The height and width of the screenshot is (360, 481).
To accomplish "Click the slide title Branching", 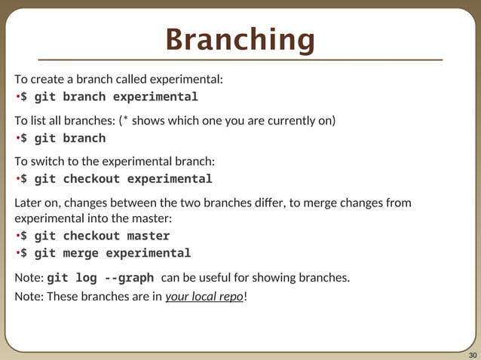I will [x=240, y=40].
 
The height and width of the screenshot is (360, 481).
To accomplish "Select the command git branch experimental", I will [x=109, y=97].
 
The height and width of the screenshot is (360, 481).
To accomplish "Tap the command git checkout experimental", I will [x=116, y=179].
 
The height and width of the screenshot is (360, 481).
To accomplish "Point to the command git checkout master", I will [x=95, y=236].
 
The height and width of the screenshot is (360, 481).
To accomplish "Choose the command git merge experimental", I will [x=106, y=253].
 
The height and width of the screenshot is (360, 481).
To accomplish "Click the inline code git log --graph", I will [x=100, y=277].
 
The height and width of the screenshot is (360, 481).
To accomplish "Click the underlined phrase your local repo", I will [x=204, y=296].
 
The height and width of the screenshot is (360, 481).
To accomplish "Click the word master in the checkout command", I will [x=149, y=236].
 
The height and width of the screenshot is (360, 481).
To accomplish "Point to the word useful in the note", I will [x=221, y=277].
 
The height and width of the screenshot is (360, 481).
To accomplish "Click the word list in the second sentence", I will [x=38, y=121].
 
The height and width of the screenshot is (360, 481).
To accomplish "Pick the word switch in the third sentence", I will [x=46, y=161].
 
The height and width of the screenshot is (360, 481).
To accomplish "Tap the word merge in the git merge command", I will [x=81, y=253].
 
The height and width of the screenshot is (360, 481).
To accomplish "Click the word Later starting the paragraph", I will [x=29, y=203].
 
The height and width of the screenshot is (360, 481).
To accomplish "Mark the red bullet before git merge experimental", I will [x=17, y=253].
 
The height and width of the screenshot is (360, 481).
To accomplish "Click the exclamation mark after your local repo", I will [x=246, y=296].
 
